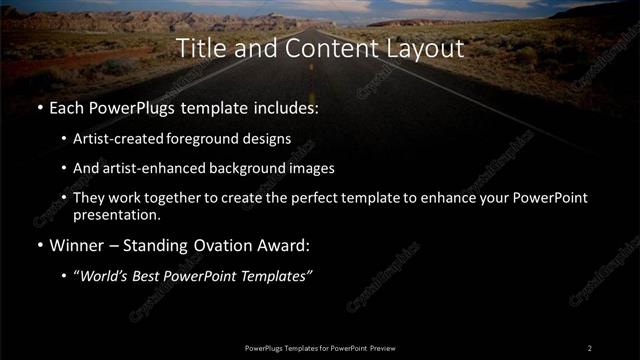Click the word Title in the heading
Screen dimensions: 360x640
(197, 47)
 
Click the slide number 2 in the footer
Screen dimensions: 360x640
(590, 347)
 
